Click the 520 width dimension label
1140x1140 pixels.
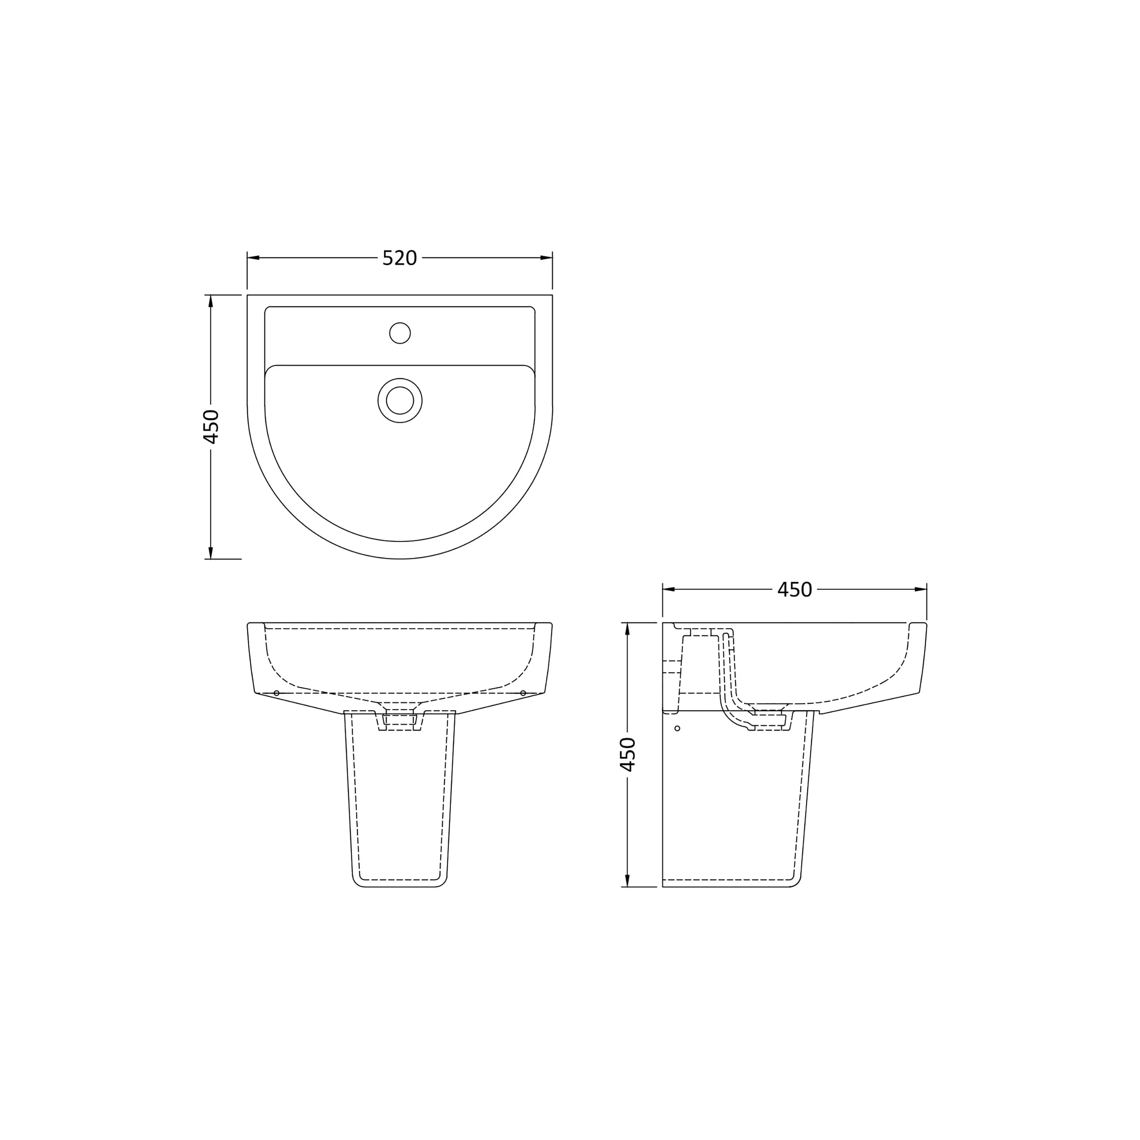[399, 258]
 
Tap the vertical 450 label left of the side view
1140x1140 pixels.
[628, 754]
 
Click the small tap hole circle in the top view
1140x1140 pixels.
[399, 333]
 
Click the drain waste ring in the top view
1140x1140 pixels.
[399, 401]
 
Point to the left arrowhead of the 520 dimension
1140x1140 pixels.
[253, 258]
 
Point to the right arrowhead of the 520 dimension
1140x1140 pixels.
[546, 258]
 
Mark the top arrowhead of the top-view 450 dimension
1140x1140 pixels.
[211, 301]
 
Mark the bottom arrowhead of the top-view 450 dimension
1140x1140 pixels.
[211, 553]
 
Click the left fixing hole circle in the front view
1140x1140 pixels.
[277, 693]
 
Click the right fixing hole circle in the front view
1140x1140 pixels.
[523, 693]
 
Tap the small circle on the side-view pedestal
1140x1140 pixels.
[678, 728]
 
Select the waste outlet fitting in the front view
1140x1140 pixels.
[399, 720]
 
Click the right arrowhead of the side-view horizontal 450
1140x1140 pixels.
[920, 589]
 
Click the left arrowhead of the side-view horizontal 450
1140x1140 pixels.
[668, 589]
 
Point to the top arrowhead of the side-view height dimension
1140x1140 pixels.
[627, 629]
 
